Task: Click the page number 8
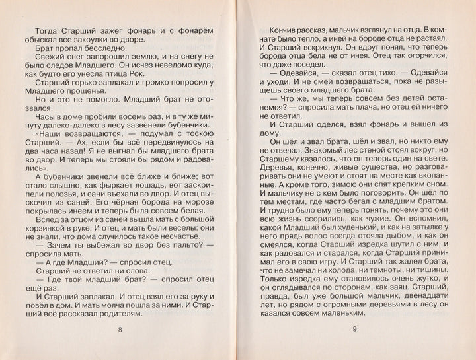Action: point(119,330)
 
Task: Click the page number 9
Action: point(354,330)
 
